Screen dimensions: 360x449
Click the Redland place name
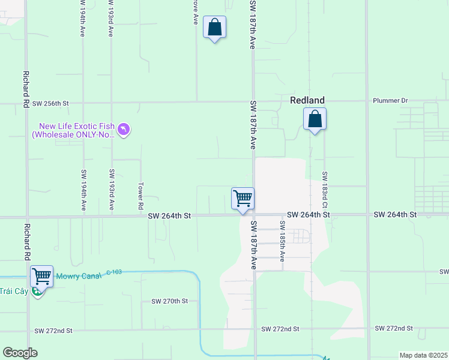click(307, 100)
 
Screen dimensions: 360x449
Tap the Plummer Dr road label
click(390, 100)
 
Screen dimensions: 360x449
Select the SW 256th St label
click(51, 103)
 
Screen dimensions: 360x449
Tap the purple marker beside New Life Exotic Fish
click(124, 130)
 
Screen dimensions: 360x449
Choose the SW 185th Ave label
click(282, 241)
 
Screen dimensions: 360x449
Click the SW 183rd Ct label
click(324, 186)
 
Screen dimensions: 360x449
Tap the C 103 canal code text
click(114, 272)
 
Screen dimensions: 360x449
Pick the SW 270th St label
click(169, 301)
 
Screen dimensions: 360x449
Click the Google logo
click(20, 353)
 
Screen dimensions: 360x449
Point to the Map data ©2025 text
click(423, 355)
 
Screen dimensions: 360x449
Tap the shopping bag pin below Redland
click(315, 119)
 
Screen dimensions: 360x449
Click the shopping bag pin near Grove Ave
click(214, 28)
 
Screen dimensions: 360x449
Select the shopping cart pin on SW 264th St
click(243, 199)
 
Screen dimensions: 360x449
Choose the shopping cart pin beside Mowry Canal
click(41, 277)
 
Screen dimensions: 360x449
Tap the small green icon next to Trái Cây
click(37, 292)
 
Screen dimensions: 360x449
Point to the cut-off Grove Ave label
click(195, 12)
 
